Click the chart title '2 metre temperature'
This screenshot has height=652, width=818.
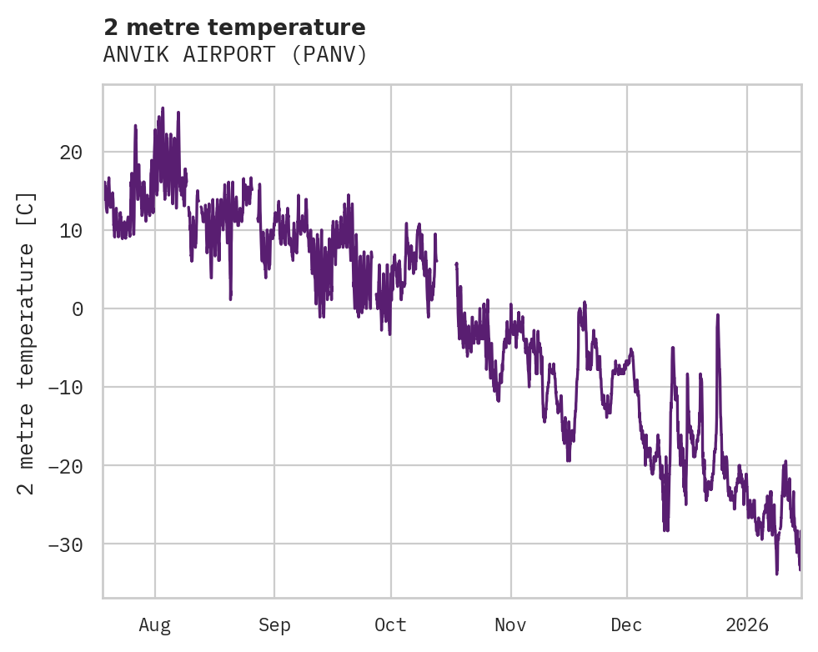[x=234, y=28]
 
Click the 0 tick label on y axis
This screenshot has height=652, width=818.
[x=77, y=309]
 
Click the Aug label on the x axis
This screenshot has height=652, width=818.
[x=154, y=624]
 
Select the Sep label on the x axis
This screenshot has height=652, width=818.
[x=274, y=624]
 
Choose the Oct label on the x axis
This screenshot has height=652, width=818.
[x=390, y=624]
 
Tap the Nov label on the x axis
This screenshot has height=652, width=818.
[x=510, y=624]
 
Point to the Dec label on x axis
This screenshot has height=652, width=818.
[x=626, y=624]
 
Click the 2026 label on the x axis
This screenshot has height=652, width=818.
[x=747, y=624]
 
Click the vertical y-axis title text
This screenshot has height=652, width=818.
[x=28, y=343]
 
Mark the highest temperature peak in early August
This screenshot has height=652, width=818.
[x=163, y=108]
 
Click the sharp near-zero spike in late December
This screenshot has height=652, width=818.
[x=717, y=315]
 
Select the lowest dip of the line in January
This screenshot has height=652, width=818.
[x=776, y=574]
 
